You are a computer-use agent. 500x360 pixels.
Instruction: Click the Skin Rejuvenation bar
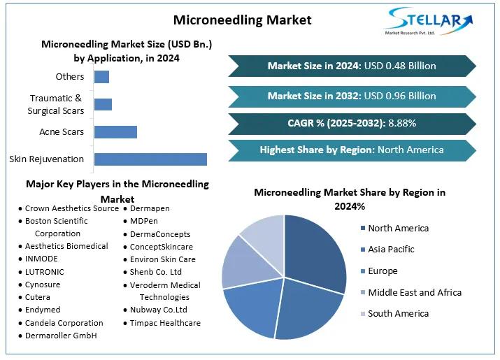point(150,159)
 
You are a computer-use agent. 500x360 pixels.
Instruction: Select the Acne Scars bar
point(115,131)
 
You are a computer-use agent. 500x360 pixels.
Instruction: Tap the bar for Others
point(101,77)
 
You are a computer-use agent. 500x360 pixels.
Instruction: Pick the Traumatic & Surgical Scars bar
point(103,104)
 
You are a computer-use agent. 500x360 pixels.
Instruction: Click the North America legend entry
point(398,228)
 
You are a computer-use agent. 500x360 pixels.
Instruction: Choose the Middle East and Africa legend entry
point(415,292)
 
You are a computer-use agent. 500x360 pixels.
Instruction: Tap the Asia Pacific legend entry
point(391,249)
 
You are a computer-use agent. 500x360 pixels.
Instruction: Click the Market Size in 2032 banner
point(352,96)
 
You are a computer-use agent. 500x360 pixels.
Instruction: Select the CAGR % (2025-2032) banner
point(352,123)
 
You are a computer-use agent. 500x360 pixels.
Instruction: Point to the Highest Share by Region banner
point(352,150)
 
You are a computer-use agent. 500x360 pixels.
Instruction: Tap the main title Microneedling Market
point(243,19)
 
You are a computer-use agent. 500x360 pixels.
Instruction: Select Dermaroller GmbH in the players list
point(60,336)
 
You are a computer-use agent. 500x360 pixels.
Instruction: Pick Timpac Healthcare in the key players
point(165,323)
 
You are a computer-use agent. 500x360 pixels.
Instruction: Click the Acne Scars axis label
point(62,131)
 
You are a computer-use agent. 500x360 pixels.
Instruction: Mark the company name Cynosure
point(43,285)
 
